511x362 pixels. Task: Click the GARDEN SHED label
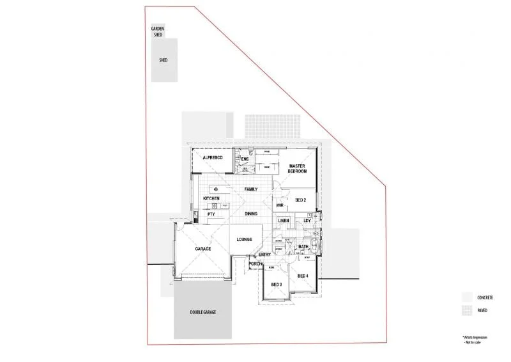[158, 31]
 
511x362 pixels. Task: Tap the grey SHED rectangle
[164, 59]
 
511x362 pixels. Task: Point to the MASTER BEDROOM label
[298, 169]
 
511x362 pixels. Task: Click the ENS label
[244, 159]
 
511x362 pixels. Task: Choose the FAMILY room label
[251, 189]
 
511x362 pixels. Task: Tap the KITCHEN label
[211, 199]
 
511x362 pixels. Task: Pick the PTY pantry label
[211, 214]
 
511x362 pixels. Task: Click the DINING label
[251, 214]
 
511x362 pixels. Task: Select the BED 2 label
[301, 200]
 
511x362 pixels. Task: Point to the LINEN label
[284, 221]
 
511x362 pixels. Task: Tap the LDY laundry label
[307, 221]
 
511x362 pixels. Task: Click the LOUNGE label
[244, 239]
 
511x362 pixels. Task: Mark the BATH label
[303, 246]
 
